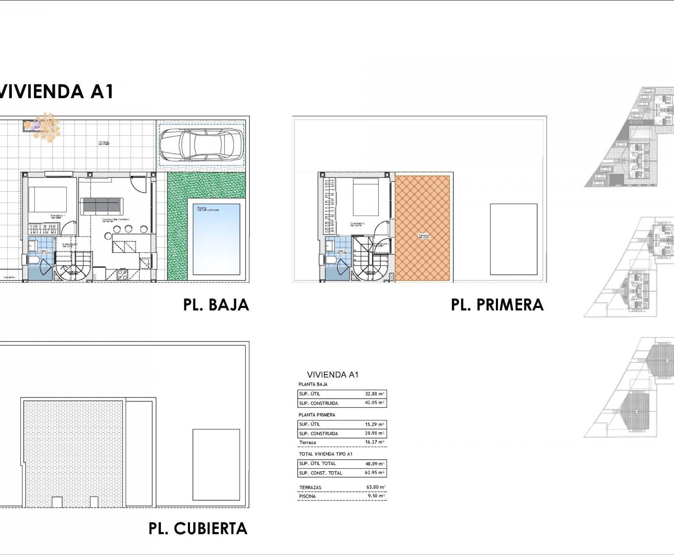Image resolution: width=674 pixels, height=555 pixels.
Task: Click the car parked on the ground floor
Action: coord(201,145)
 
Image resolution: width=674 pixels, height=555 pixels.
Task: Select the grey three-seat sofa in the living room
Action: coord(102,206)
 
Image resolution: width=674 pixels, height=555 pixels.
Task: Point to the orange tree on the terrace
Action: coord(47,127)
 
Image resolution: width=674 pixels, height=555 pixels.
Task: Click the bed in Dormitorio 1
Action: coord(48,199)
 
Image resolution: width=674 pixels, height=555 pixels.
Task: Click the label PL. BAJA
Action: coord(216,305)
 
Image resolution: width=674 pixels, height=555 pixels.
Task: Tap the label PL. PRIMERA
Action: coord(497,305)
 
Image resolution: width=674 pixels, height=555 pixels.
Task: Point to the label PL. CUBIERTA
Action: coord(198,528)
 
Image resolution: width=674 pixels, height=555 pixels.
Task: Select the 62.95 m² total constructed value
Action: coord(374,473)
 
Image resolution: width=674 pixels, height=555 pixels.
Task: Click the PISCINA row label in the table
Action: coord(307,496)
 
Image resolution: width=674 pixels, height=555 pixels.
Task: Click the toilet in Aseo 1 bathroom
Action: coord(33,260)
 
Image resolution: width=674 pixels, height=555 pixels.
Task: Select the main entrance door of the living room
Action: coord(139,184)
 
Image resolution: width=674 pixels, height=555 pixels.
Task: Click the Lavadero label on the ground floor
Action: coord(10,277)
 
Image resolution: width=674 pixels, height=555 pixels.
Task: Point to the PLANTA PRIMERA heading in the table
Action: coord(317,415)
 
